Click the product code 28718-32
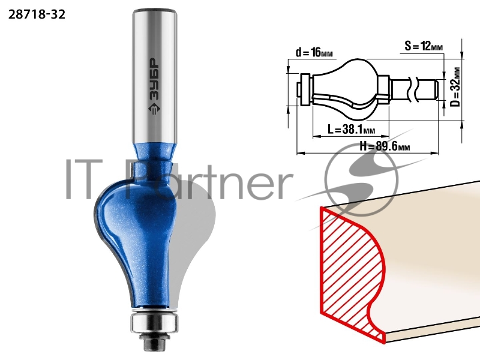click(x=37, y=14)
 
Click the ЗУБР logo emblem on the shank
click(x=154, y=108)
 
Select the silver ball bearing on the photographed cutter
click(x=154, y=322)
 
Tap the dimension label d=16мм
click(x=314, y=53)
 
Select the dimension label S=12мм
click(x=424, y=46)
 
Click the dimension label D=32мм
click(x=456, y=87)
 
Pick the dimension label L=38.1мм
click(x=352, y=130)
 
